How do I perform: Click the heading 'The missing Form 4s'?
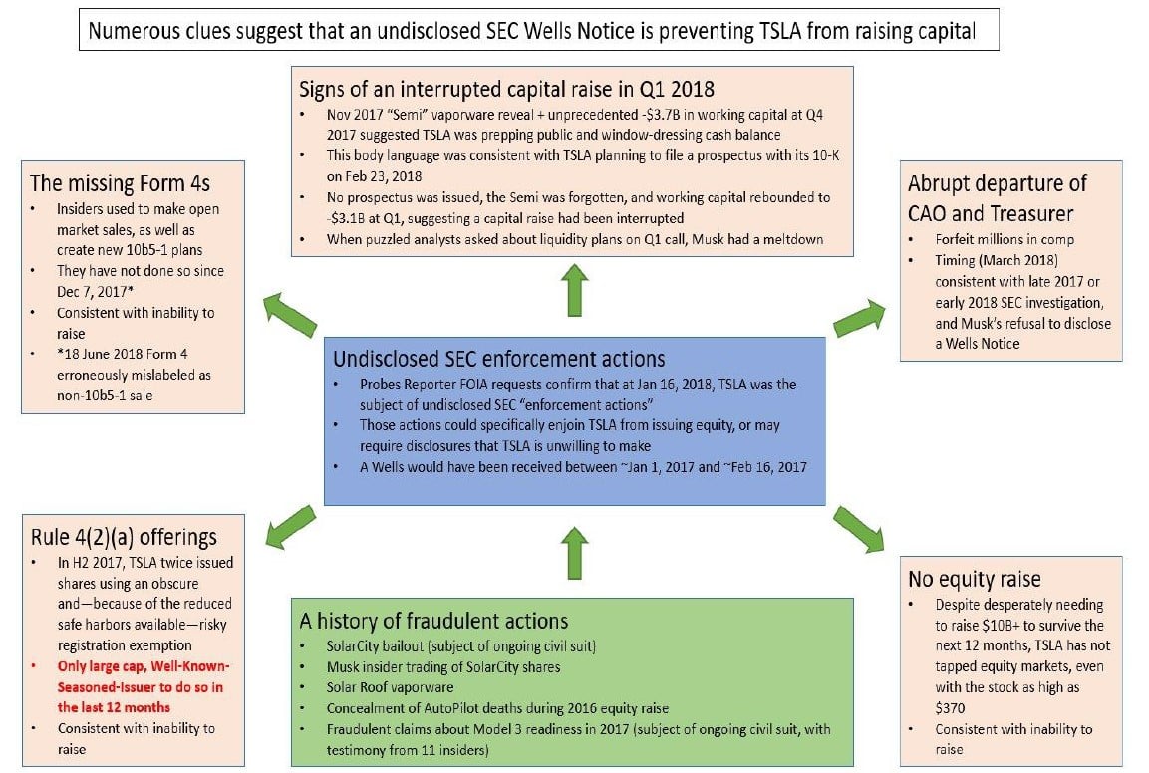pos(120,182)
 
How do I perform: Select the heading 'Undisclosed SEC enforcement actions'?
pos(498,359)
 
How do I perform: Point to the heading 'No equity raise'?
pos(974,579)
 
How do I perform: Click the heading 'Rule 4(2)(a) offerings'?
pos(124,537)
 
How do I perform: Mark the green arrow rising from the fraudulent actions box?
pos(574,552)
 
